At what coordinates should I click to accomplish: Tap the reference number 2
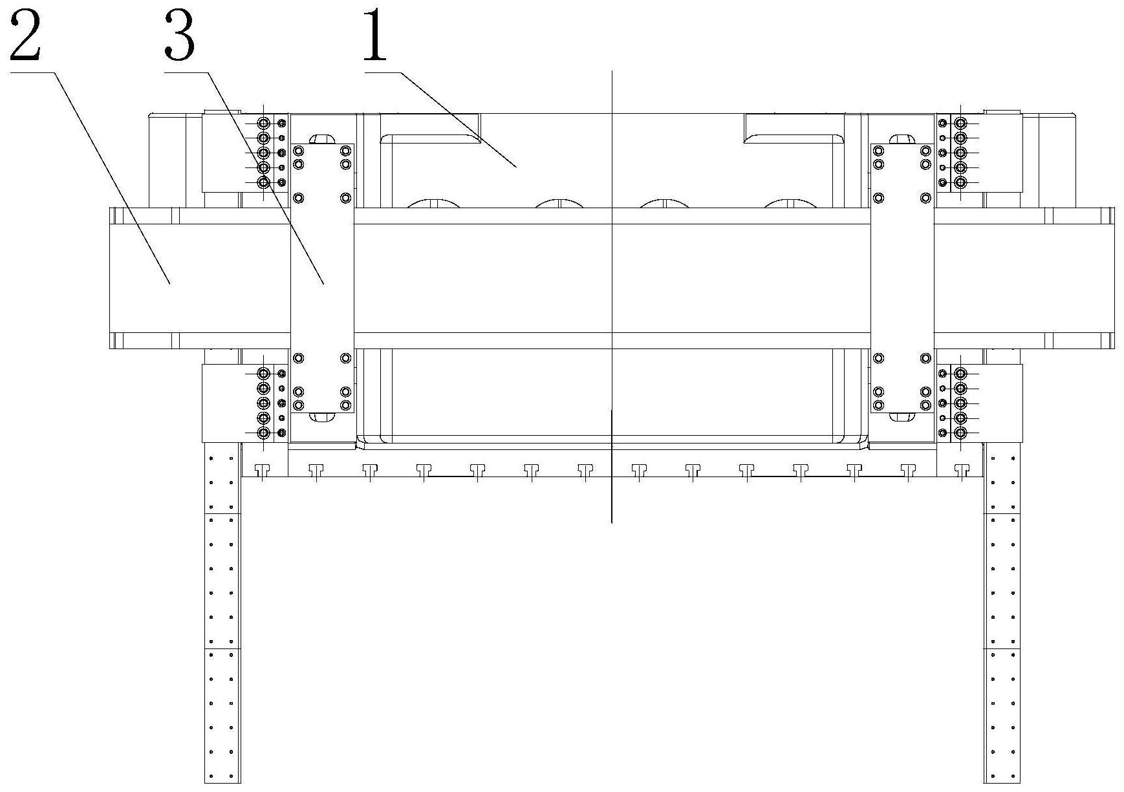pos(25,37)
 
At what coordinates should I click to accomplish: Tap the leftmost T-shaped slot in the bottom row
pos(262,470)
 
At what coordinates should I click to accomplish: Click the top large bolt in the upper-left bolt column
pos(264,123)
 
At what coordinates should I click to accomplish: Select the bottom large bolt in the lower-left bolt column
pos(264,433)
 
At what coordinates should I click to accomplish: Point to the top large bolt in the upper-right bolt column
pos(960,123)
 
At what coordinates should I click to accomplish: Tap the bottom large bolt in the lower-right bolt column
pos(960,433)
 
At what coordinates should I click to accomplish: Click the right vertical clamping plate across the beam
pos(902,278)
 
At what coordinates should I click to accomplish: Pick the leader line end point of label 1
pos(515,167)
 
